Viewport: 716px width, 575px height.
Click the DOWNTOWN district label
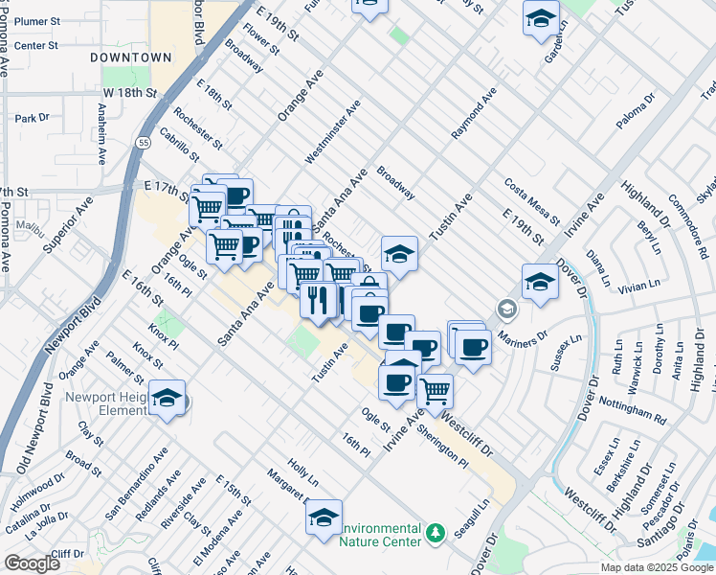click(x=130, y=57)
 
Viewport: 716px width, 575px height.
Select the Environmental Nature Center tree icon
click(x=436, y=532)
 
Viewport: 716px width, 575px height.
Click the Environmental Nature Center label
click(x=381, y=535)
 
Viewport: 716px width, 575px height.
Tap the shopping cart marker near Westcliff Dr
click(x=435, y=390)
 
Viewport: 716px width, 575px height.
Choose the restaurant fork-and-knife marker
click(x=318, y=300)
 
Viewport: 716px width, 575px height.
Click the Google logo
click(x=32, y=563)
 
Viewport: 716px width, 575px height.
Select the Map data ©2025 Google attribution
click(x=656, y=567)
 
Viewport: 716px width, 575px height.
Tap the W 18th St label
click(x=129, y=93)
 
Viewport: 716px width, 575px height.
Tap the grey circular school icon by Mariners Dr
click(x=505, y=310)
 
